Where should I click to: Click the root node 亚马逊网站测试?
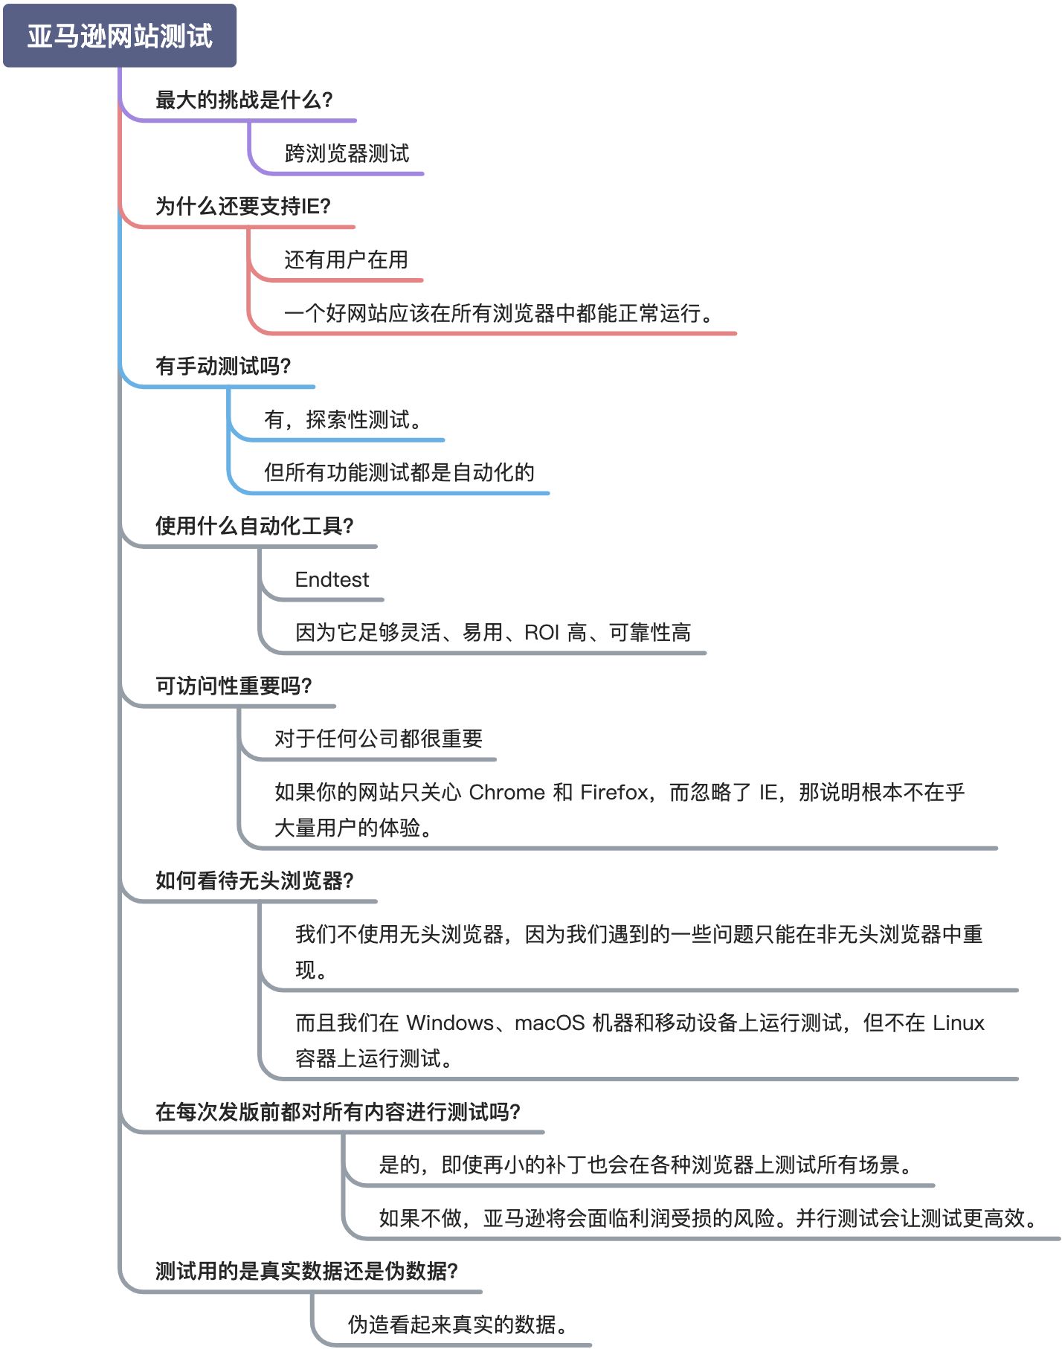point(120,36)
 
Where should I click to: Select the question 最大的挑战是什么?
point(243,100)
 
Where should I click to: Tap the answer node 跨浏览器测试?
point(347,153)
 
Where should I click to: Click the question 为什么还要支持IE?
point(242,206)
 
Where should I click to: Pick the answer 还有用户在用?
point(346,260)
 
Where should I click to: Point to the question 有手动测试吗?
point(222,366)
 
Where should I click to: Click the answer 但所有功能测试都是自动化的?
point(399,472)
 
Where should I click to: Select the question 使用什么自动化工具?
point(254,526)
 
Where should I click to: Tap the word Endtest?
point(332,579)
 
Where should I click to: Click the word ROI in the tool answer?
point(541,633)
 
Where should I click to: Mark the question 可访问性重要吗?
point(233,686)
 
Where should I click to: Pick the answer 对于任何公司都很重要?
point(378,738)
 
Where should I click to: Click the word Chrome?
point(506,792)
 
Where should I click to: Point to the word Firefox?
point(614,792)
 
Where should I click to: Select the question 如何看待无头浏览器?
point(254,880)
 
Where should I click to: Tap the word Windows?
point(450,1023)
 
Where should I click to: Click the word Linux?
point(958,1023)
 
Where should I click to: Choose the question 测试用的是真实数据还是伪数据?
point(306,1271)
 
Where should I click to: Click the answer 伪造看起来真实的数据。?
point(458,1324)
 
